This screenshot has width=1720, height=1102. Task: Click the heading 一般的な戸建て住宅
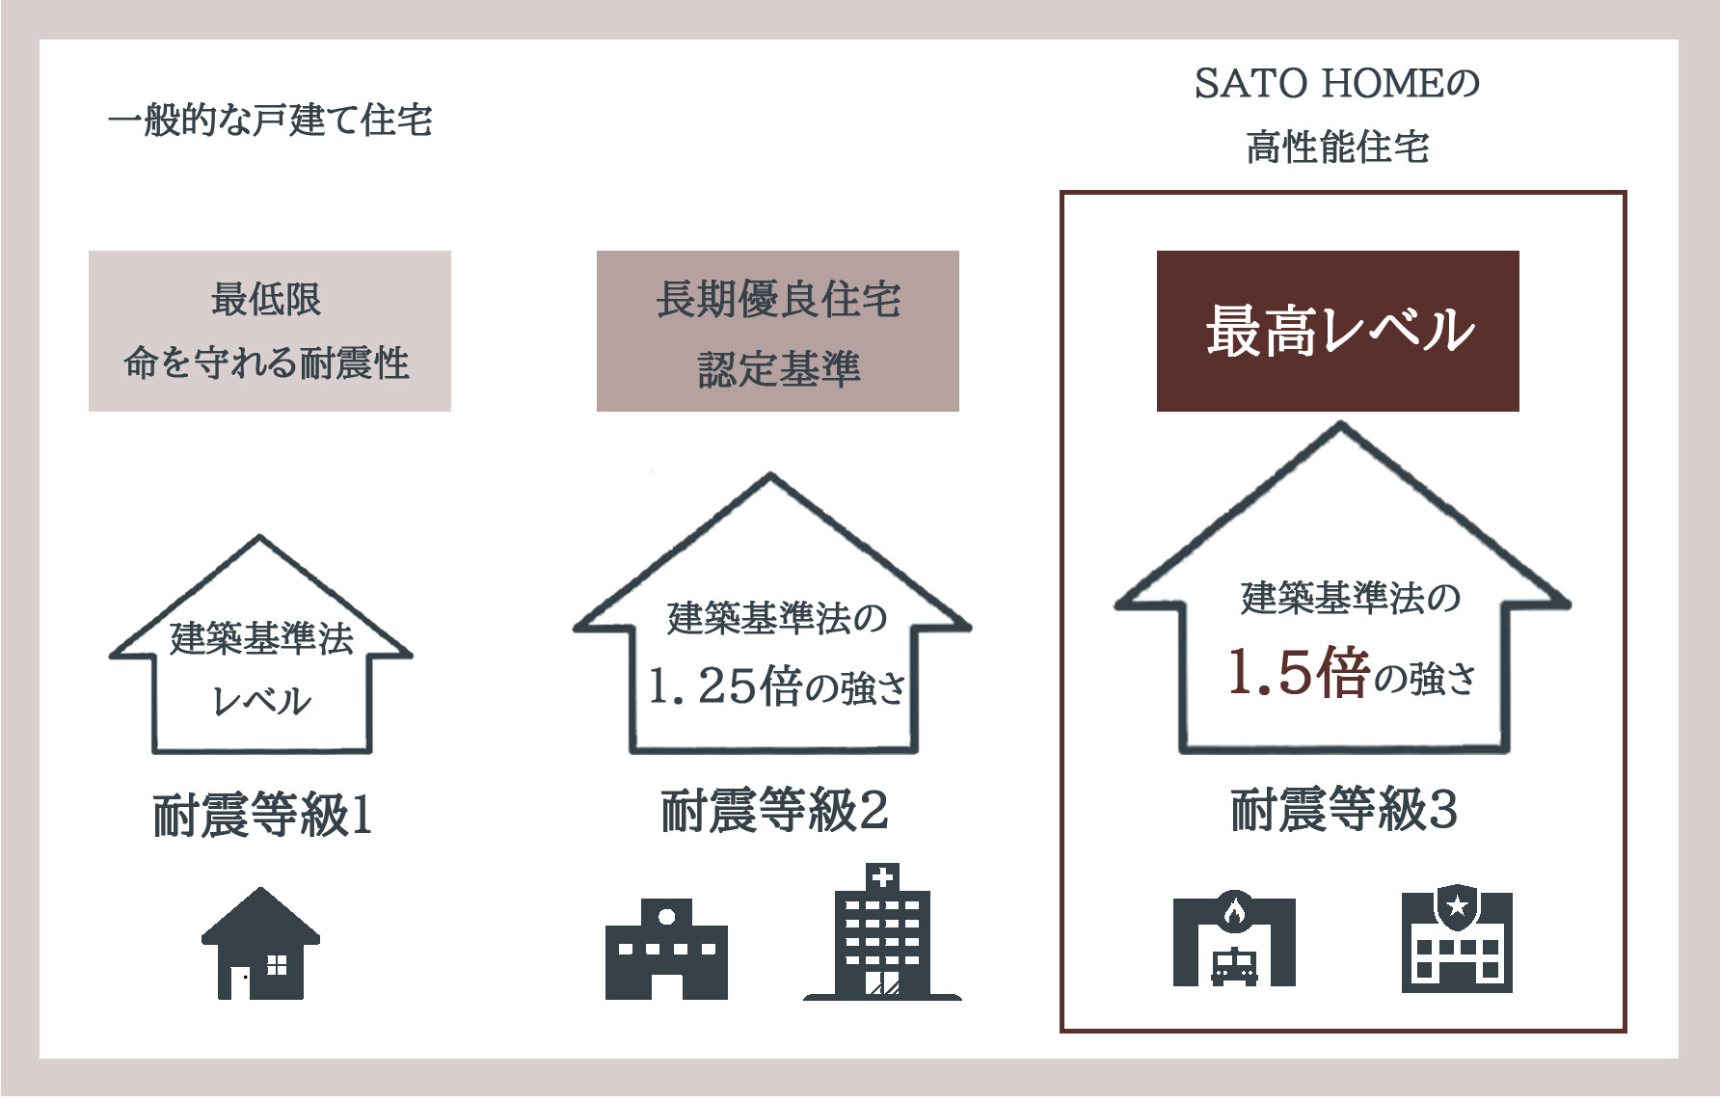[x=270, y=121]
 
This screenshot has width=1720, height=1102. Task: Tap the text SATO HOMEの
[x=1337, y=84]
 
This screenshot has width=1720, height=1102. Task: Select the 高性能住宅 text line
[x=1337, y=148]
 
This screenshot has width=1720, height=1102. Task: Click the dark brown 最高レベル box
[x=1337, y=331]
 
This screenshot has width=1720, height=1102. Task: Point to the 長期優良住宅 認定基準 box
[x=777, y=331]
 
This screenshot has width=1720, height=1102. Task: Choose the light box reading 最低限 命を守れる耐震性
[x=269, y=331]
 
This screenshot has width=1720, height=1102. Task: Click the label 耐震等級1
[x=262, y=816]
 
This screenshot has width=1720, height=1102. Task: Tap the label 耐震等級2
[x=774, y=810]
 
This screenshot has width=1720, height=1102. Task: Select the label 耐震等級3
[x=1344, y=810]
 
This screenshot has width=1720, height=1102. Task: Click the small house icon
[x=260, y=944]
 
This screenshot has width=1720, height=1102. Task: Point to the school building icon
[x=666, y=950]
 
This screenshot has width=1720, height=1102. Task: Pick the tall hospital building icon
[x=882, y=932]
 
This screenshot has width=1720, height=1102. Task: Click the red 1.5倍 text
[x=1298, y=673]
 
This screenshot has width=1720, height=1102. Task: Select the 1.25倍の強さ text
[x=777, y=686]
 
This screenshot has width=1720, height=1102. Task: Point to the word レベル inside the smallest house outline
[x=261, y=701]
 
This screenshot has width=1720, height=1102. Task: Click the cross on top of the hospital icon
[x=882, y=876]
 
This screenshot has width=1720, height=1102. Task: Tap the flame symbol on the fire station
[x=1235, y=909]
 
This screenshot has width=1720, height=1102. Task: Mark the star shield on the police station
[x=1457, y=906]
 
